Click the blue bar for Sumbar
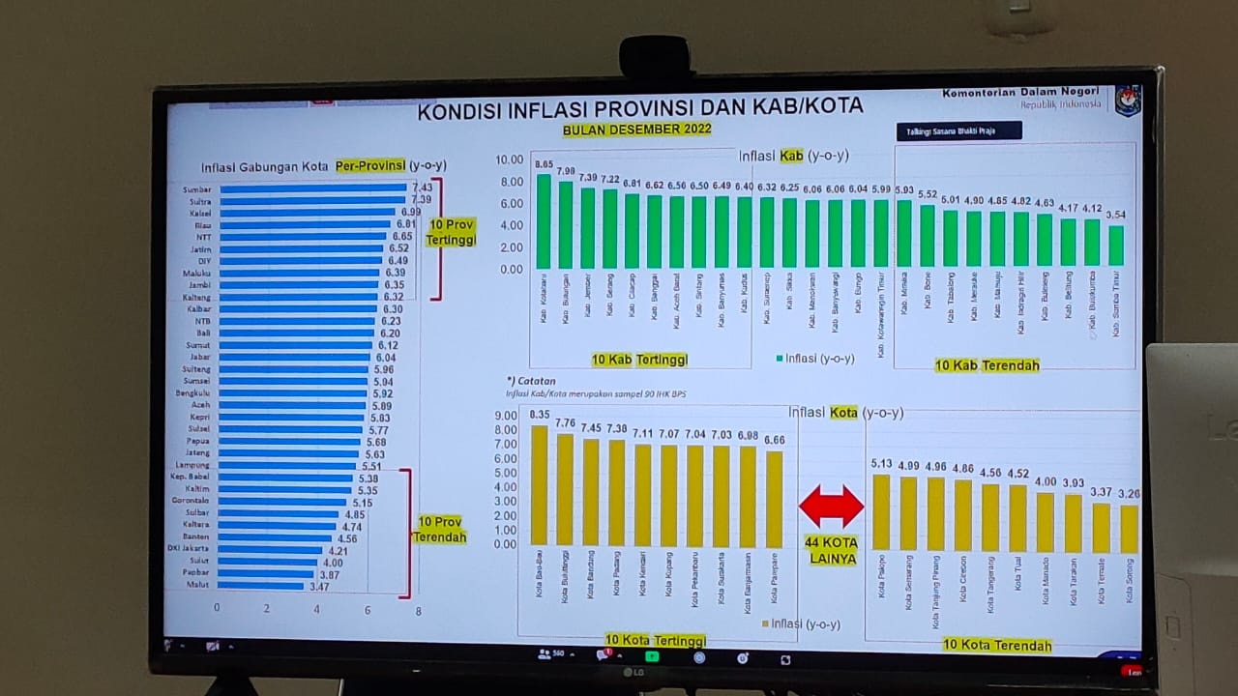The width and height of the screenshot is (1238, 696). pos(311,188)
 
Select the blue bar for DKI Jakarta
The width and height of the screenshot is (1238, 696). pos(270,550)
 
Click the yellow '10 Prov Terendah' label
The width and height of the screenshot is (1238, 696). pos(440,530)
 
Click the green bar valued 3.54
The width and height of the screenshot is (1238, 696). pos(1116,246)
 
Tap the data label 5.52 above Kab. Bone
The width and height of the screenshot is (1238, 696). pos(928,194)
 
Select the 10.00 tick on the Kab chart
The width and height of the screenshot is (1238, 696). pos(510,159)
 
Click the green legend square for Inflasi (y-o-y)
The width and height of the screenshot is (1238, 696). pos(780,359)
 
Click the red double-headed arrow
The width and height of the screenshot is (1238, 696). pos(831,507)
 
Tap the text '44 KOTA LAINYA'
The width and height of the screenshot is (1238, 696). pos(831,551)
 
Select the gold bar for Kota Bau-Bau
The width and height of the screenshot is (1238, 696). pos(539,485)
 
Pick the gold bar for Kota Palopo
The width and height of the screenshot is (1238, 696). pos(881,512)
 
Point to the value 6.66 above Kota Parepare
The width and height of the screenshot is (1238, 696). pos(774,440)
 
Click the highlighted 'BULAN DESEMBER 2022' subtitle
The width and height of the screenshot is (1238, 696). pos(637,130)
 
